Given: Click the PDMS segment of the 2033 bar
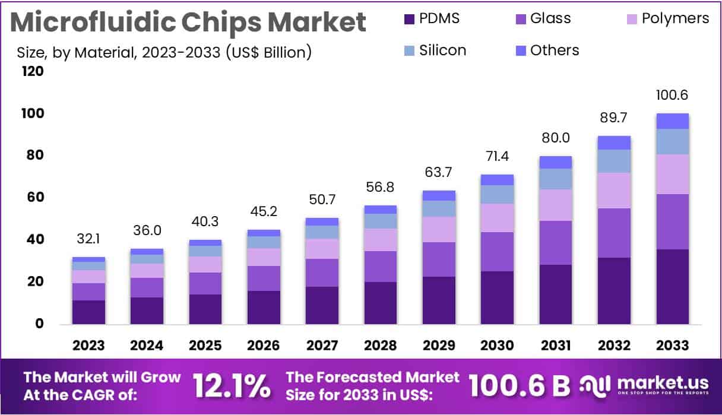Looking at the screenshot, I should [x=672, y=286].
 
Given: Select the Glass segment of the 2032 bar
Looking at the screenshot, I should [x=614, y=233].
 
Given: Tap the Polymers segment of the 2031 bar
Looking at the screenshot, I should [x=556, y=205].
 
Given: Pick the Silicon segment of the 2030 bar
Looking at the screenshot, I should [x=498, y=194].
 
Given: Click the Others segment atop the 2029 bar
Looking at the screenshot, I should [x=439, y=195].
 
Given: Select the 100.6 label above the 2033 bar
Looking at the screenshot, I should [x=672, y=95].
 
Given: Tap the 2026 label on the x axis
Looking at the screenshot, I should [x=264, y=346].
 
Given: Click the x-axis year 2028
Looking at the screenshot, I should [x=381, y=346].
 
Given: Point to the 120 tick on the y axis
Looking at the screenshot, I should [x=33, y=71].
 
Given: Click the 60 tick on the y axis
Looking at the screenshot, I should [x=33, y=197].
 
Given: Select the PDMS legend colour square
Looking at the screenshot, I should [x=408, y=19].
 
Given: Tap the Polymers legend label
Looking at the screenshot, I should [x=675, y=18].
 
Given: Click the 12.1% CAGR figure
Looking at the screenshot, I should [x=232, y=386].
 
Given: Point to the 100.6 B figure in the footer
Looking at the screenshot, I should [x=519, y=386].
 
